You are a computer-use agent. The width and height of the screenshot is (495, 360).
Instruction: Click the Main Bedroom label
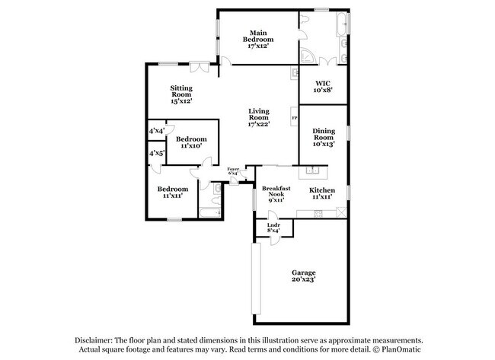click(258, 39)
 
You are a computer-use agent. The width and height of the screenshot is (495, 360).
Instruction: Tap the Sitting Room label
click(180, 94)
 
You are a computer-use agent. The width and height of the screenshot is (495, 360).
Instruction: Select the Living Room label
click(259, 117)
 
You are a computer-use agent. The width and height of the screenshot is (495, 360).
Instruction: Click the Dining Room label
click(324, 137)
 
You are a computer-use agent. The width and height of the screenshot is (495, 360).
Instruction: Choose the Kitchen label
click(321, 193)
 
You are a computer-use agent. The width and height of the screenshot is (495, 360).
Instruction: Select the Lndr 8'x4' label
click(273, 228)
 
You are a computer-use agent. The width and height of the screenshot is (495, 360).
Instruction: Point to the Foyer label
click(233, 171)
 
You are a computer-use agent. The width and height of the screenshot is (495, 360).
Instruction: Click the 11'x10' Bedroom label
click(190, 142)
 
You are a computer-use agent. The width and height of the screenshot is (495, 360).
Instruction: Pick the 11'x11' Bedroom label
click(173, 193)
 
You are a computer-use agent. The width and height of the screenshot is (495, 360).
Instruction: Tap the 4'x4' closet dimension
click(156, 131)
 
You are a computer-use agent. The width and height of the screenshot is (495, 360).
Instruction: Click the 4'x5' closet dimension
click(156, 153)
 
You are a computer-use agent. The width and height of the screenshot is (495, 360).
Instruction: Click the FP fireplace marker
click(294, 119)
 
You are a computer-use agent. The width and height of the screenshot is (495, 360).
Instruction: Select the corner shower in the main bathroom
click(307, 57)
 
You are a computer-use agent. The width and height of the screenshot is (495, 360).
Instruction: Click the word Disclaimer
click(92, 340)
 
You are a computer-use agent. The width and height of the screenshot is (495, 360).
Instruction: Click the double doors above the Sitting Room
click(200, 65)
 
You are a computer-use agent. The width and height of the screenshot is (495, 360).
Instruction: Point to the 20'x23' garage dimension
click(303, 279)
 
